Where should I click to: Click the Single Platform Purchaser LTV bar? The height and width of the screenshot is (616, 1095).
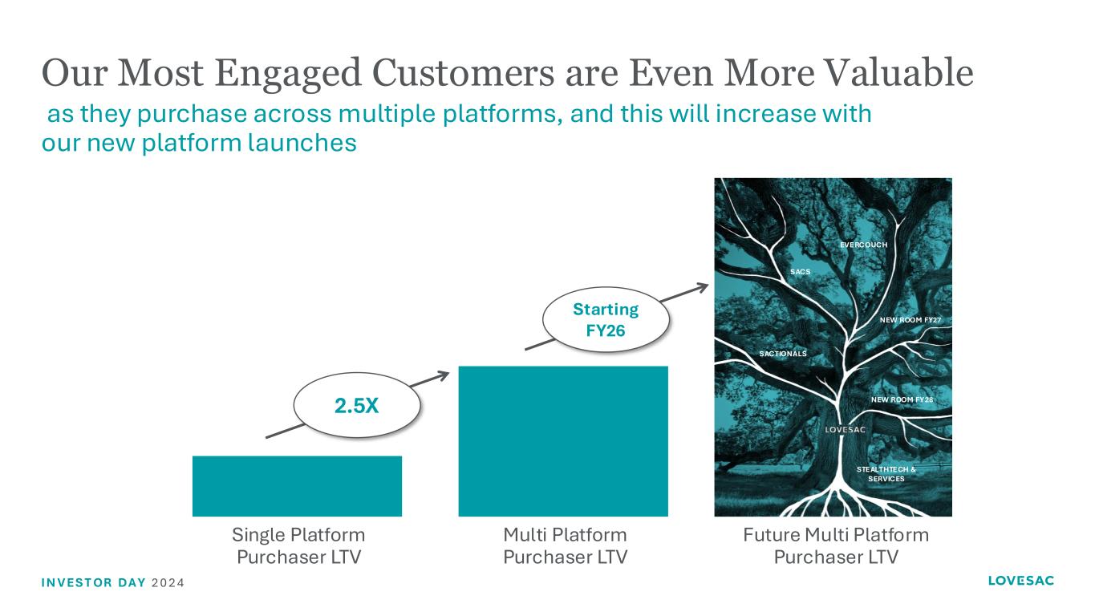click(297, 486)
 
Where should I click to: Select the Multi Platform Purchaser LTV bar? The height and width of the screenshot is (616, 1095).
click(563, 441)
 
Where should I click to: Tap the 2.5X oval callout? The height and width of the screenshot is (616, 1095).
click(357, 405)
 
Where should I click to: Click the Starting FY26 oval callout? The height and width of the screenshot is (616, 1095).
click(606, 320)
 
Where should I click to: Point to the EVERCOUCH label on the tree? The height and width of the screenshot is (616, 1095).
click(863, 245)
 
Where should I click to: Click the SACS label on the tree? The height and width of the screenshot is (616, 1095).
click(801, 272)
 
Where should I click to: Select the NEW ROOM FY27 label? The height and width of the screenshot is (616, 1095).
click(910, 320)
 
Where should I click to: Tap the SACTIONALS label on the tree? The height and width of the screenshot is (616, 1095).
click(783, 354)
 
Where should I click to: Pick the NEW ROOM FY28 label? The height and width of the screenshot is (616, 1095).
click(902, 399)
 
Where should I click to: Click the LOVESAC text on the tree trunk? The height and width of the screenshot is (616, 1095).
click(846, 429)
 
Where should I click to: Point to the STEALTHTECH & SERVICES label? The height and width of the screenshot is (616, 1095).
click(886, 474)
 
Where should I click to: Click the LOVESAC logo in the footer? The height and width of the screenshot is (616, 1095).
click(1020, 581)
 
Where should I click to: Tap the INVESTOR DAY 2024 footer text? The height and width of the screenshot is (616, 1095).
click(113, 583)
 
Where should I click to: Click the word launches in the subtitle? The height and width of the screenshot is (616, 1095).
click(302, 143)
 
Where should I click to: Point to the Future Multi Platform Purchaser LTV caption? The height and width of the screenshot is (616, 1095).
click(836, 545)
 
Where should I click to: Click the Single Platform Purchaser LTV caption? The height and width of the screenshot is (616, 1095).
click(298, 545)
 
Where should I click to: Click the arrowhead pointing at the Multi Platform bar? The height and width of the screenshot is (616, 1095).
click(444, 375)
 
